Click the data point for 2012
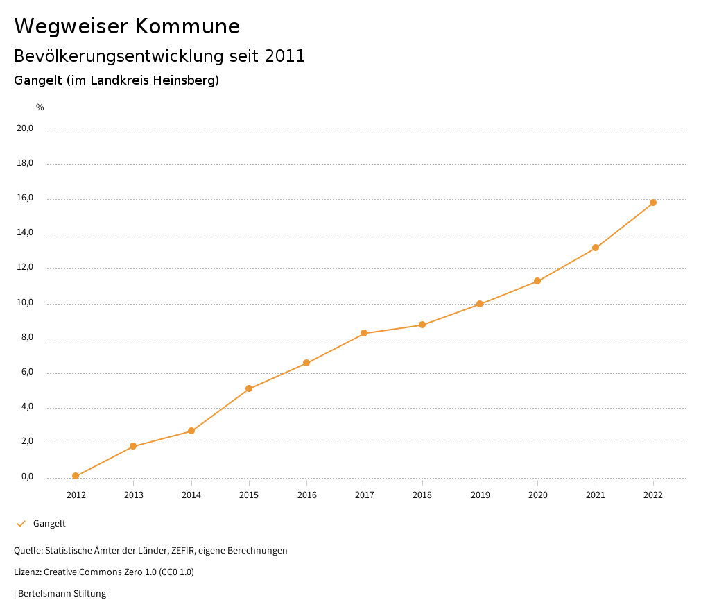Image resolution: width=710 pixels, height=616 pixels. (x=76, y=476)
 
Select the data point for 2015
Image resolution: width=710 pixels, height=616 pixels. (x=249, y=388)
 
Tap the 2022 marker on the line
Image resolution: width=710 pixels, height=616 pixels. (x=653, y=203)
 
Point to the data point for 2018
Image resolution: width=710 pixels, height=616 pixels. (x=422, y=325)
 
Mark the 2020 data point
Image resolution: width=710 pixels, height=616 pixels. (x=537, y=281)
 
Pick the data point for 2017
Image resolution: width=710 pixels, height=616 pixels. (x=364, y=334)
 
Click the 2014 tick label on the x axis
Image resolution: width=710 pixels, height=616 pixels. (x=191, y=495)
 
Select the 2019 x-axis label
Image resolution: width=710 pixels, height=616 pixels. (x=480, y=495)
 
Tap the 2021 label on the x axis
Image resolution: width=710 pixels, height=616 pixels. (x=596, y=495)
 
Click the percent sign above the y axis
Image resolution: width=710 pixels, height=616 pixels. (x=40, y=108)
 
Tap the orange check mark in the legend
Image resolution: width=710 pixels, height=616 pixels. (x=21, y=524)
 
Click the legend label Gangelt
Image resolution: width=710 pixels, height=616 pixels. (x=49, y=524)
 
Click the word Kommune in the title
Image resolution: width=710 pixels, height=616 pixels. (x=187, y=26)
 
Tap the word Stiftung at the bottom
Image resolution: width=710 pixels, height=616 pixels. (x=90, y=594)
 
